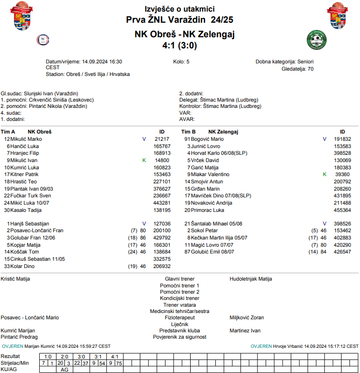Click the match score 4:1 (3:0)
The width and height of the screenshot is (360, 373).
(x=180, y=45)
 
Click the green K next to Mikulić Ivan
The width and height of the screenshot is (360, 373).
(x=144, y=160)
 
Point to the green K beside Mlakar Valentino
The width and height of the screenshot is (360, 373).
(x=324, y=174)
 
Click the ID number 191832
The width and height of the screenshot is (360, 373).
(x=342, y=139)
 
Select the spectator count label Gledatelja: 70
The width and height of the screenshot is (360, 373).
(x=297, y=69)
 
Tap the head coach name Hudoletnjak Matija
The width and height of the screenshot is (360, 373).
(x=251, y=279)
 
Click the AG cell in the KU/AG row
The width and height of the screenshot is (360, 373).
(x=64, y=370)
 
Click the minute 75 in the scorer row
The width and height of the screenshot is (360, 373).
(x=119, y=363)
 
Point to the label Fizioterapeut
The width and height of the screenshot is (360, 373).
(x=180, y=318)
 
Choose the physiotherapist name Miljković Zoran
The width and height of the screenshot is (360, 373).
(x=246, y=318)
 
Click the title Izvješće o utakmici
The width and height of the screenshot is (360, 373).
(x=180, y=9)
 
